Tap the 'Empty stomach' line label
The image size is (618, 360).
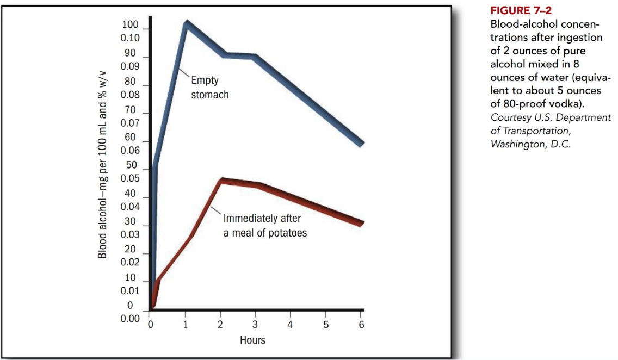pyautogui.click(x=209, y=88)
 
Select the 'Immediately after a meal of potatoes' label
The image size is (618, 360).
pyautogui.click(x=265, y=226)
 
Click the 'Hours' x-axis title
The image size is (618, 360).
pyautogui.click(x=253, y=340)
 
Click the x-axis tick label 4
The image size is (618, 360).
pyautogui.click(x=291, y=326)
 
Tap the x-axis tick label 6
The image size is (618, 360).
pyautogui.click(x=361, y=326)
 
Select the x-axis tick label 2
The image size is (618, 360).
pyautogui.click(x=220, y=326)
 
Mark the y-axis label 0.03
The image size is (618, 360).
pyautogui.click(x=130, y=234)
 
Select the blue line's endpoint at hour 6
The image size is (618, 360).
pyautogui.click(x=361, y=144)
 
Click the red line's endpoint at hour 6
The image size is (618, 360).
pyautogui.click(x=361, y=223)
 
